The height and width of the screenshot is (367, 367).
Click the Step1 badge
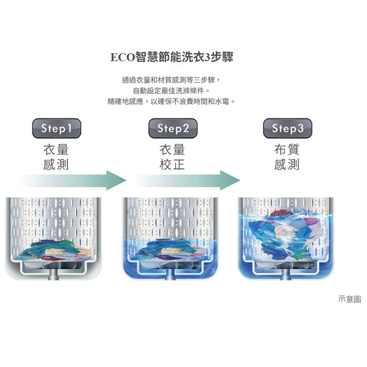click(x=57, y=128)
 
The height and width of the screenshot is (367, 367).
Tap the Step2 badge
click(x=173, y=128)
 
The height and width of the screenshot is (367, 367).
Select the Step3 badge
click(x=287, y=128)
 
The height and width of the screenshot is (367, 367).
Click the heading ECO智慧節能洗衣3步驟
click(x=172, y=57)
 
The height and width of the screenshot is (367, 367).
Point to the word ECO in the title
click(x=123, y=57)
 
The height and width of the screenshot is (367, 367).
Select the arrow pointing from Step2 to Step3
click(x=187, y=180)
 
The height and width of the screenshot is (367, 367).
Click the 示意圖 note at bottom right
click(x=349, y=299)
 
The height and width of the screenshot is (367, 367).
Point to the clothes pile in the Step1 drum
click(x=55, y=250)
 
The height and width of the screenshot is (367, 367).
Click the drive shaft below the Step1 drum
click(x=54, y=275)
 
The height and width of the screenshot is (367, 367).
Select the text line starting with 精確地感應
click(x=171, y=101)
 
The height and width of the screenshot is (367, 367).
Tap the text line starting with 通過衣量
click(x=171, y=80)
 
